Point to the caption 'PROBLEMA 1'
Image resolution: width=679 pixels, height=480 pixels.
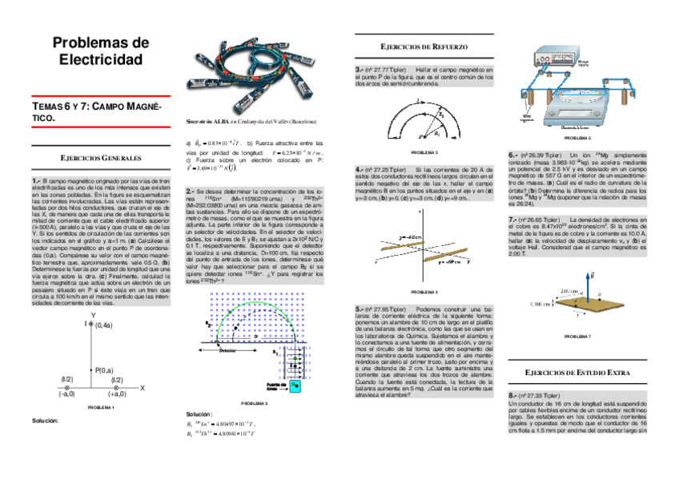pyautogui.click(x=102, y=408)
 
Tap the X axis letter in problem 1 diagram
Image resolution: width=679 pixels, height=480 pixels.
pyautogui.click(x=142, y=387)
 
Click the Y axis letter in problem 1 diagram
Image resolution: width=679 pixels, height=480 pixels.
pyautogui.click(x=94, y=313)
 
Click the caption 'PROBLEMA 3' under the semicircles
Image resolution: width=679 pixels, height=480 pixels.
pyautogui.click(x=424, y=151)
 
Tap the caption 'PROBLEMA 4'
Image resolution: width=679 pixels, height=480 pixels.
pyautogui.click(x=424, y=292)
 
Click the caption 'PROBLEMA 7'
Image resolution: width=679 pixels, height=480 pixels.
pyautogui.click(x=577, y=336)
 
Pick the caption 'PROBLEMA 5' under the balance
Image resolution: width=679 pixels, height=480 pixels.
pyautogui.click(x=577, y=139)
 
